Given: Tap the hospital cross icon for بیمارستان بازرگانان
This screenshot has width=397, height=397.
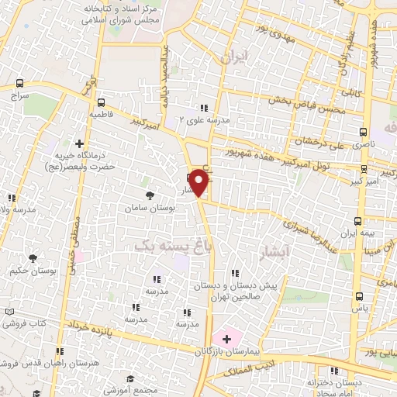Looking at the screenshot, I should coord(226,338).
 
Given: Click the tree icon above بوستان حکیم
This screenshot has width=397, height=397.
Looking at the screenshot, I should coord(33,258).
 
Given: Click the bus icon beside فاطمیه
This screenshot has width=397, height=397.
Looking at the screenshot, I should coord(101,102).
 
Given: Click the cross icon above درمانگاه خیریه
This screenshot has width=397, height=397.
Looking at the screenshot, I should coord(79,143).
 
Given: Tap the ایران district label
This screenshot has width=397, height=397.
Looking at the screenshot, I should coord(233,57).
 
